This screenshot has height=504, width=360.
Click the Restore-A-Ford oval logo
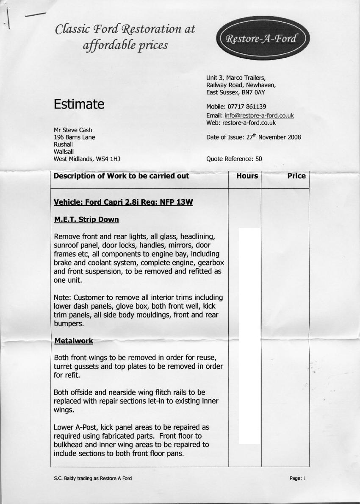tap(263, 39)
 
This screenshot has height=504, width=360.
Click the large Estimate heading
tap(79, 104)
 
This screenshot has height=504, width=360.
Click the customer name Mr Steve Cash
tap(73, 130)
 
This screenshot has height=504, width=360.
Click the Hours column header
tap(247, 176)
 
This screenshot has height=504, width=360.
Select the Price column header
tap(296, 176)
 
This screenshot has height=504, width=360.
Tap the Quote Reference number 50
tap(258, 159)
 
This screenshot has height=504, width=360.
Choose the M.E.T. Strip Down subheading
tap(86, 220)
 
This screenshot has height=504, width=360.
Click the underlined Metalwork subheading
tap(73, 341)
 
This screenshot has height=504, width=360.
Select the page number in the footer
tap(304, 478)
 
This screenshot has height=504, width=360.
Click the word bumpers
tap(69, 324)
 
